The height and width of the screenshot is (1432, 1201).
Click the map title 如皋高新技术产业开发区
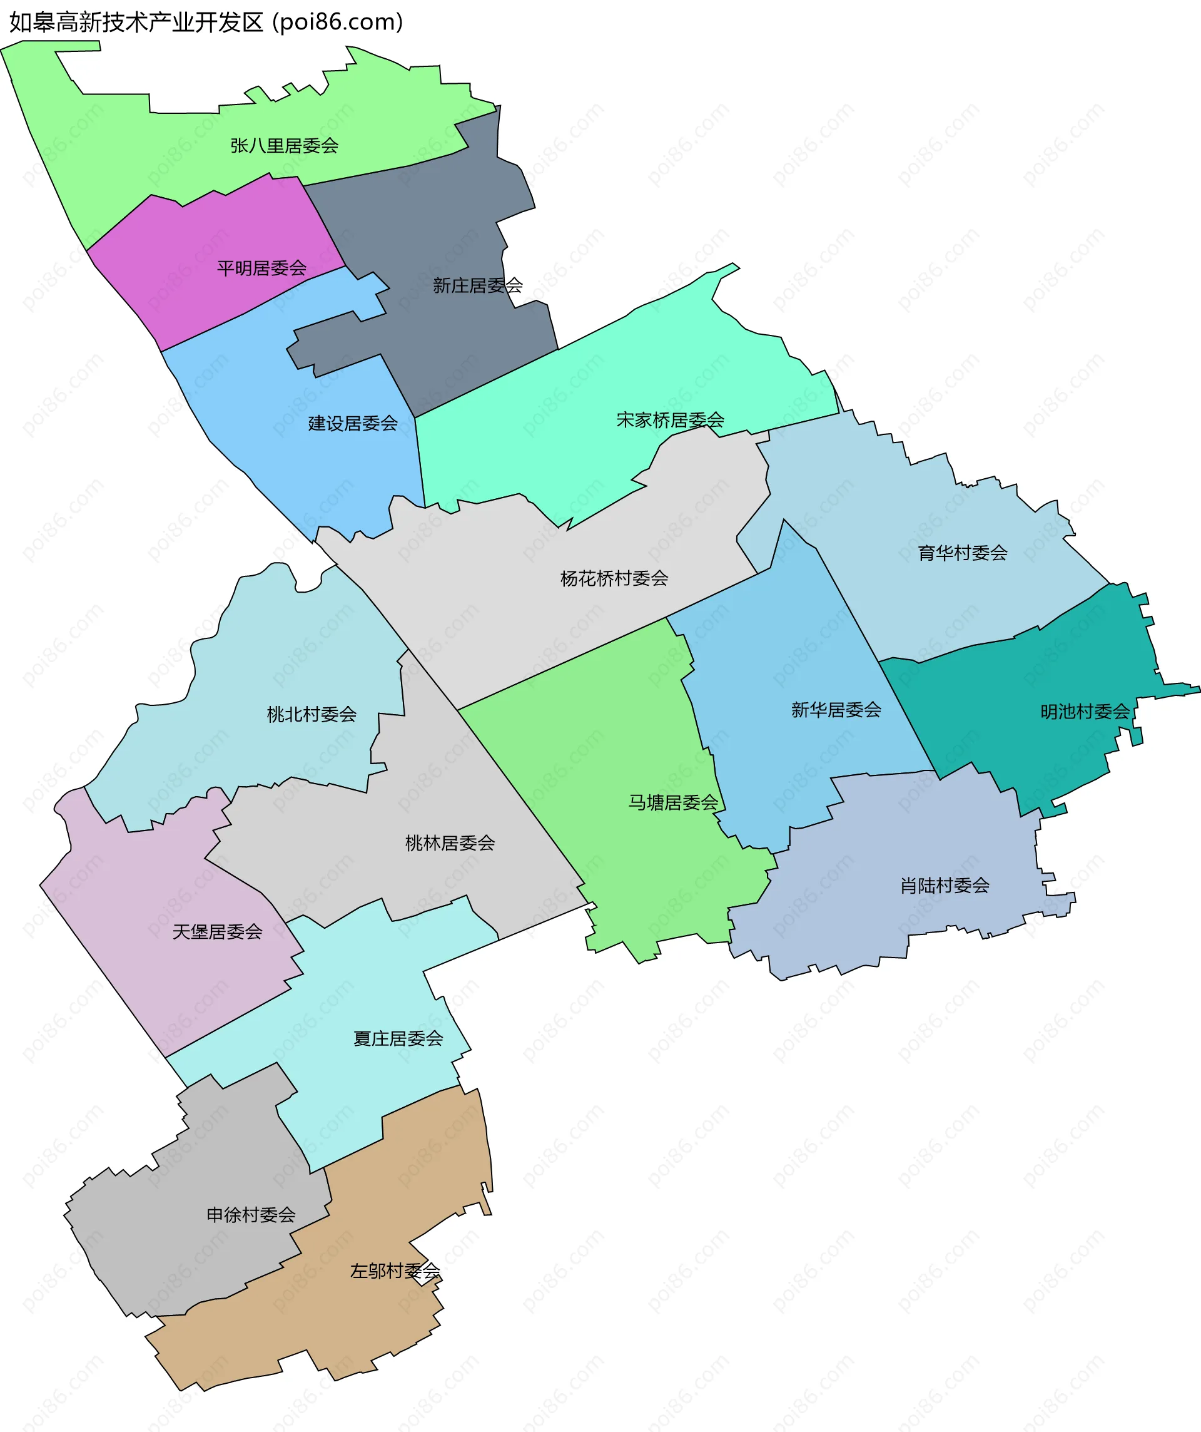[136, 22]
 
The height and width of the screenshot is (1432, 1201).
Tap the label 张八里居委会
[284, 146]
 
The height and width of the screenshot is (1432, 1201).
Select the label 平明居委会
[261, 268]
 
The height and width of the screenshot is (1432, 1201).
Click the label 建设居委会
[353, 424]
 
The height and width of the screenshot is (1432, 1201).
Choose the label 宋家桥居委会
[670, 420]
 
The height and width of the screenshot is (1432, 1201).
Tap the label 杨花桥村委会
[614, 579]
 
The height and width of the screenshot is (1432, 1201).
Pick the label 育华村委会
[963, 553]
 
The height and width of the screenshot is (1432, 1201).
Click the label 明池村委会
[1085, 712]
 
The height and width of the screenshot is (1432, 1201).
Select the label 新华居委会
[836, 710]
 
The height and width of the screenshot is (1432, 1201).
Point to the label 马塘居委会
[674, 802]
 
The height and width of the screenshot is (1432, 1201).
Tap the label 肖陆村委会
[945, 886]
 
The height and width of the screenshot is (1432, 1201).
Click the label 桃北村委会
[312, 715]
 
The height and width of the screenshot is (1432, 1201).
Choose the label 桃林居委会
[450, 844]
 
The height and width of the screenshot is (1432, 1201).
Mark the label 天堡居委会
[218, 932]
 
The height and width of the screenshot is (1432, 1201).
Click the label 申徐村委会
[251, 1214]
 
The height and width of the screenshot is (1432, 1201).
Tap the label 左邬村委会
[395, 1271]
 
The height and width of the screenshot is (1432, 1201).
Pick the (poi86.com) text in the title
[338, 22]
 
